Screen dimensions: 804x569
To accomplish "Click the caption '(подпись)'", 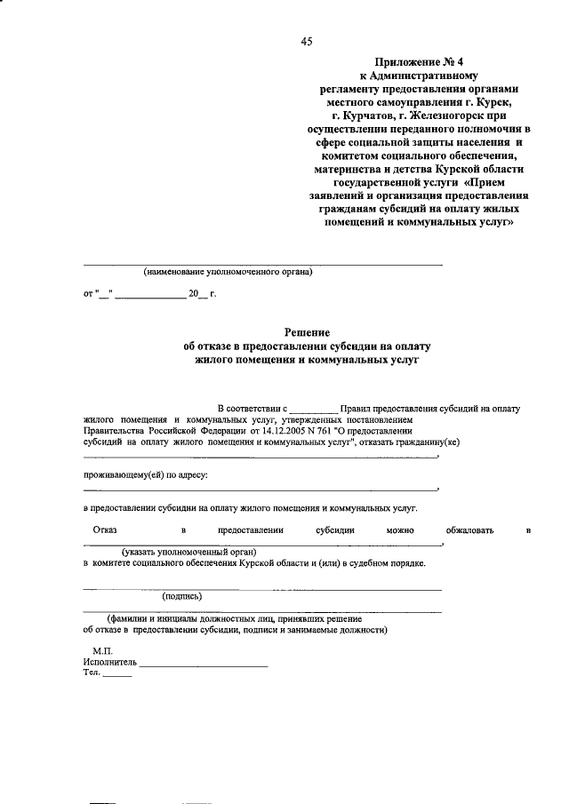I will coord(182,596).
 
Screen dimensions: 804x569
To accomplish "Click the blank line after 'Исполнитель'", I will coord(204,663).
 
